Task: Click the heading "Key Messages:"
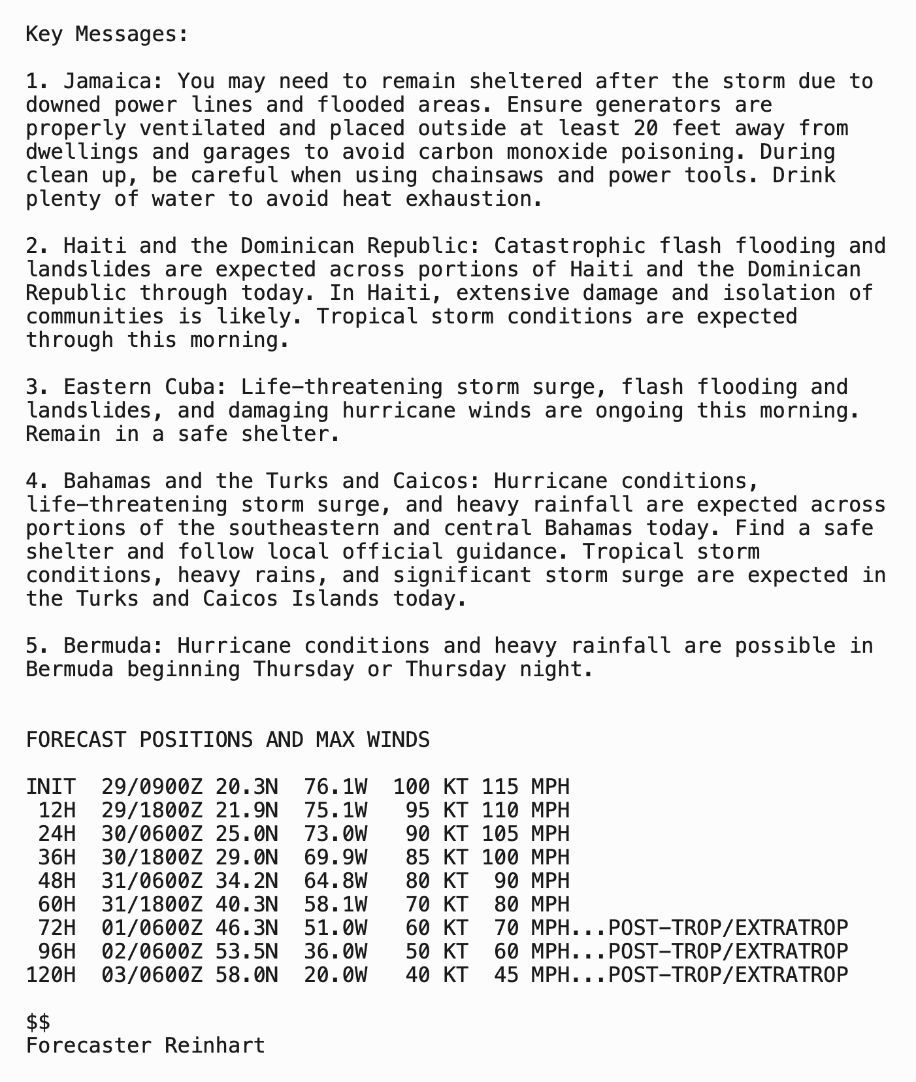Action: (107, 34)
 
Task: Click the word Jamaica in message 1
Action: (113, 81)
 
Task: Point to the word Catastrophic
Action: (569, 246)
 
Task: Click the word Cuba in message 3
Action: (189, 387)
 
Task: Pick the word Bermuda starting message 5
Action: (113, 646)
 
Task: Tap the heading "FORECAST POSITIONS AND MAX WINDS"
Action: (227, 740)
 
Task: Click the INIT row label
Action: (50, 787)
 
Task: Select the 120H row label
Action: (50, 975)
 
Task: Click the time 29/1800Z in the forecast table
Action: (152, 810)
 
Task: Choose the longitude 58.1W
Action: (335, 904)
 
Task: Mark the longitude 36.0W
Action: (335, 951)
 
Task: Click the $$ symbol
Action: (38, 1022)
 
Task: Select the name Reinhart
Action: (215, 1045)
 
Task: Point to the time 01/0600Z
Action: (152, 928)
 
